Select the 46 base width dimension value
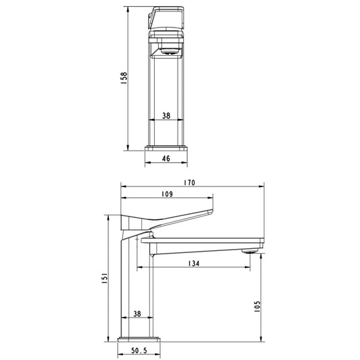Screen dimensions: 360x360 166,159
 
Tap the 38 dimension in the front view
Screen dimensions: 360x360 166,115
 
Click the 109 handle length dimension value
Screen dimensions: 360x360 167,194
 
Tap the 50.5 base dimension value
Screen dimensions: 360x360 138,351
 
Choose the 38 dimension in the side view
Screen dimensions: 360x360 137,314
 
